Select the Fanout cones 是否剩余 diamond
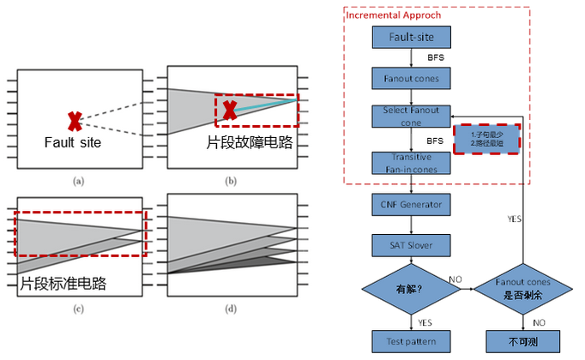point(513,291)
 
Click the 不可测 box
point(513,340)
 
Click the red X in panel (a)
point(76,121)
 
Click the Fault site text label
point(73,142)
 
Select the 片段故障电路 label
point(250,141)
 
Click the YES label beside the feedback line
point(514,219)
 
